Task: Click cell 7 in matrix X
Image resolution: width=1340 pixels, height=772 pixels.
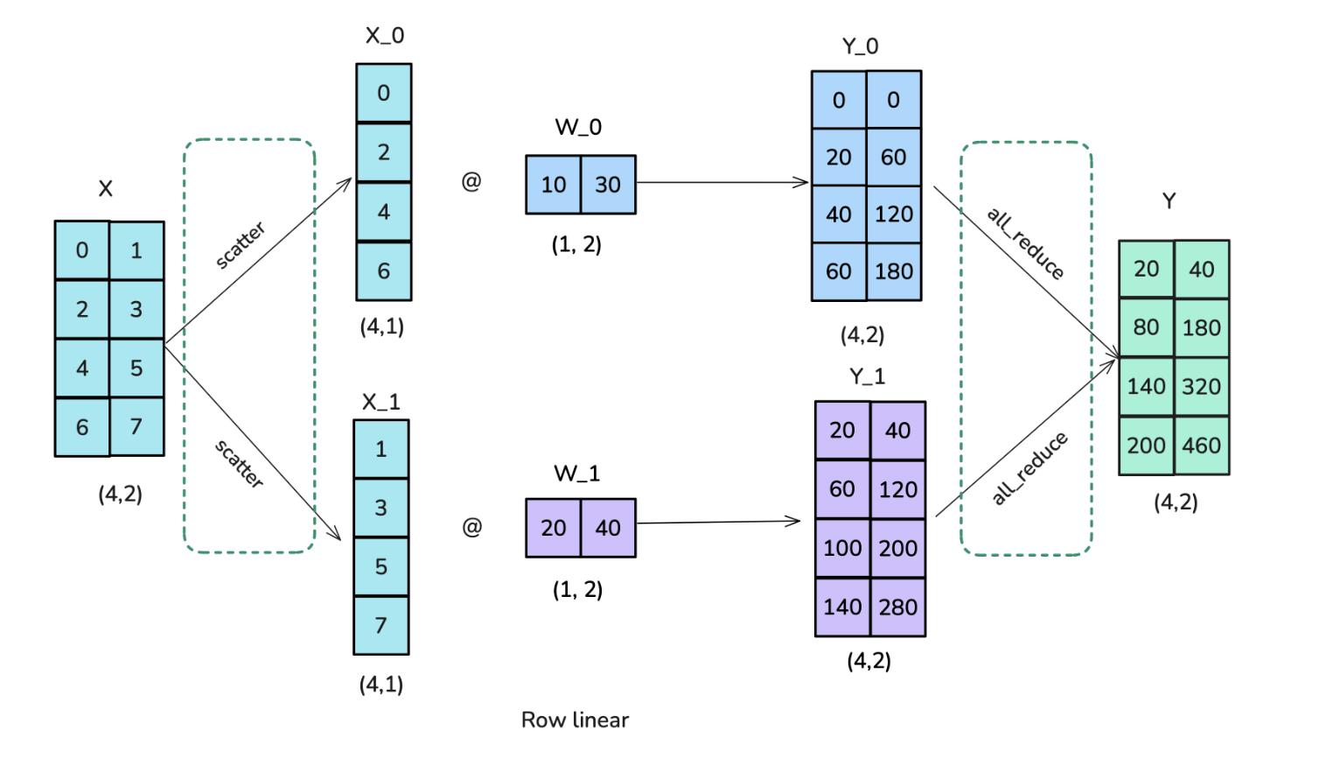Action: click(x=136, y=427)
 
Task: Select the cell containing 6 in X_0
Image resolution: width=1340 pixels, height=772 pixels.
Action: click(x=383, y=271)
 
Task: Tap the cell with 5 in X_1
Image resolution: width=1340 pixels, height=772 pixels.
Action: click(x=380, y=566)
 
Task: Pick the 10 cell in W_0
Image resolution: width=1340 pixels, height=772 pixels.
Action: click(x=553, y=185)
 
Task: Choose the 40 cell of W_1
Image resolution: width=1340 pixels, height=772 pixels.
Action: click(x=608, y=528)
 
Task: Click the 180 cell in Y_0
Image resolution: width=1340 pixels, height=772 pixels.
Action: click(x=894, y=271)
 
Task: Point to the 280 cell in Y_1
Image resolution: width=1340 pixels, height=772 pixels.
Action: click(x=898, y=607)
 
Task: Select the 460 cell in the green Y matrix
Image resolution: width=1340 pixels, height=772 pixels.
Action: click(x=1201, y=446)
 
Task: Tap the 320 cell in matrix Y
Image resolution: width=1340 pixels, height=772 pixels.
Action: click(x=1201, y=386)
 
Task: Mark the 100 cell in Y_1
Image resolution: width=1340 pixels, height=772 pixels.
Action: click(x=842, y=548)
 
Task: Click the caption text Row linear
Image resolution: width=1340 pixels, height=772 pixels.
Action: click(x=575, y=719)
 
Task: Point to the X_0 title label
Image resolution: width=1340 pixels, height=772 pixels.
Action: click(x=385, y=36)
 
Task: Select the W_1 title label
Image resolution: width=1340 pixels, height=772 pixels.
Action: click(x=576, y=474)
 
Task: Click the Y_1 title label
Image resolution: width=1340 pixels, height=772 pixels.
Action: click(x=867, y=376)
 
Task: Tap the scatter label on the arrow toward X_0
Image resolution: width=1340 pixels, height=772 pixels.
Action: click(x=241, y=245)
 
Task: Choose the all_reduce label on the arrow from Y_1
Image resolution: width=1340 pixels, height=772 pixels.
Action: click(x=1029, y=468)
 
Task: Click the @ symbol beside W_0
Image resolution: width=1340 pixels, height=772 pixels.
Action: click(x=471, y=181)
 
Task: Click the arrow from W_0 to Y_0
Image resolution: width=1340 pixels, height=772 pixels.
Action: click(x=722, y=182)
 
